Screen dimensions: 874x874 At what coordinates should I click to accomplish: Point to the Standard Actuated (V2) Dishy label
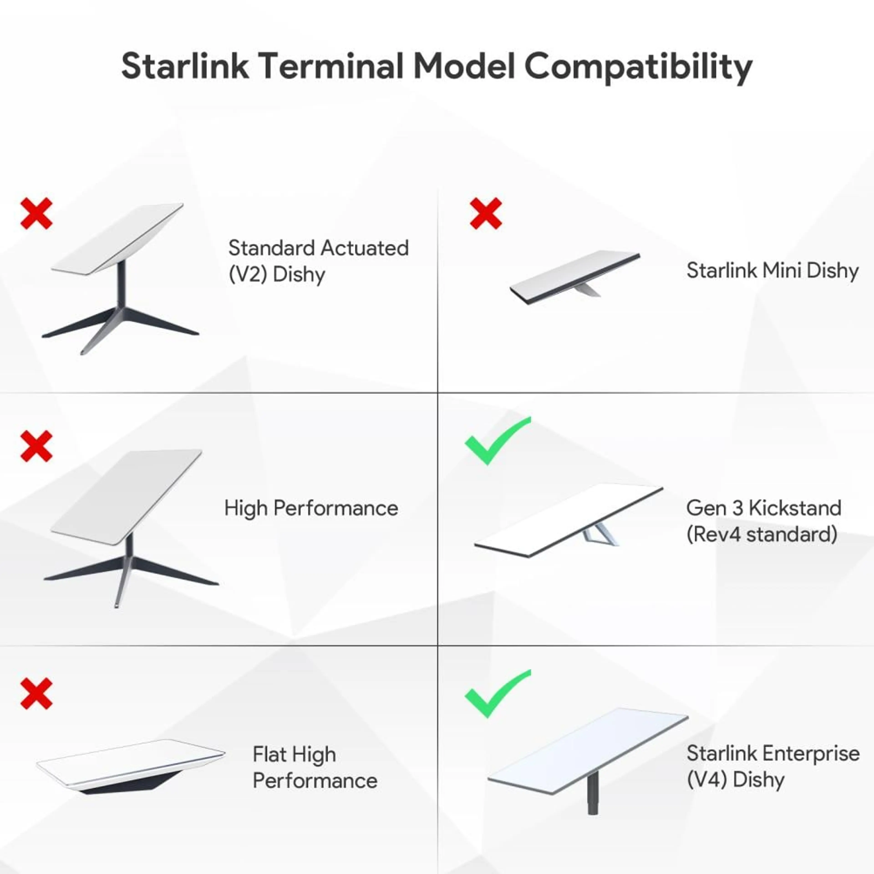(318, 261)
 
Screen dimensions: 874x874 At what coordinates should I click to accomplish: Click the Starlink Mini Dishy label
(772, 271)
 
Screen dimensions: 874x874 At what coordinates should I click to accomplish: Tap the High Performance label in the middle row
(311, 508)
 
